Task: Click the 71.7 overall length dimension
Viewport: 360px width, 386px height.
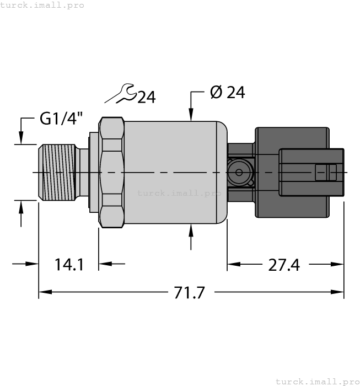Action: (189, 293)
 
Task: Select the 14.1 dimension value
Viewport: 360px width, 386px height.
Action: (69, 265)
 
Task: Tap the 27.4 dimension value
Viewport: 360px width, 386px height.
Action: (283, 265)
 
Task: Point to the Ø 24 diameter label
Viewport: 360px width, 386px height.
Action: (227, 93)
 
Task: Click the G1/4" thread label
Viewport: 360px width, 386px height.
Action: (61, 119)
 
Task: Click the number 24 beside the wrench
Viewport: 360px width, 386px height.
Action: (146, 98)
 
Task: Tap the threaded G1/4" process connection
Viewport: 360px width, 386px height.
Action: (57, 173)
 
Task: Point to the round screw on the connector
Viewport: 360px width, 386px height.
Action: (239, 173)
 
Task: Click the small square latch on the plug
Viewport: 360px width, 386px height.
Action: (325, 173)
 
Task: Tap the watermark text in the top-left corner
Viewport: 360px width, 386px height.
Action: (42, 5)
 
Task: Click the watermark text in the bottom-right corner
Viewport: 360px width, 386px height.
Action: (317, 381)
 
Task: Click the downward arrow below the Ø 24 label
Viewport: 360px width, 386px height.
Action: (191, 113)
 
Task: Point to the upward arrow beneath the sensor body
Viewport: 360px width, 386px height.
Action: (191, 232)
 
